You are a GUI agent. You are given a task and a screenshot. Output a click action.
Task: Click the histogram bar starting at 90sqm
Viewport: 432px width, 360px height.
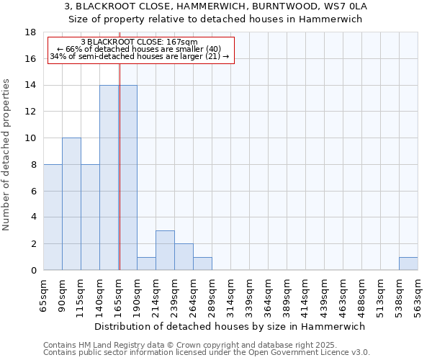click(71, 204)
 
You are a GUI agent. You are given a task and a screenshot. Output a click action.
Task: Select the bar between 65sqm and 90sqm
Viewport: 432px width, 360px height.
click(53, 217)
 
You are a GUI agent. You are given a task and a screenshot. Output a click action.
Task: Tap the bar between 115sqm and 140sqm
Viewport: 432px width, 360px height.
click(90, 217)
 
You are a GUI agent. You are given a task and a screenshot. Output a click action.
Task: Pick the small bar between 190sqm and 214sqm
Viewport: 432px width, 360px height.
click(146, 264)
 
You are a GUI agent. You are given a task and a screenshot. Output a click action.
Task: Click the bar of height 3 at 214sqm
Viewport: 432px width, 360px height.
click(165, 251)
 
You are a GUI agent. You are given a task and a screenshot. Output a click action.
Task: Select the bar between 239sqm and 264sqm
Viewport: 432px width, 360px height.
click(184, 257)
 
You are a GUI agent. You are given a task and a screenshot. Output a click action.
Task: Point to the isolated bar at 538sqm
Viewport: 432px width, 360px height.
click(408, 264)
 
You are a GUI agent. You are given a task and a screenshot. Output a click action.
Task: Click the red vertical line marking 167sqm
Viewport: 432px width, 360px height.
click(120, 180)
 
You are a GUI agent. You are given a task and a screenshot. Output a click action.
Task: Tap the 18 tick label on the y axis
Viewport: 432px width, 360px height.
click(30, 32)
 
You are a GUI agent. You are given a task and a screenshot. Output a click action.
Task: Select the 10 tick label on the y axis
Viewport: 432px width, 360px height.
click(30, 138)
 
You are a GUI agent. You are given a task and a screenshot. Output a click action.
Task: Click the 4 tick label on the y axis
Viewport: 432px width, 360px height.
click(33, 217)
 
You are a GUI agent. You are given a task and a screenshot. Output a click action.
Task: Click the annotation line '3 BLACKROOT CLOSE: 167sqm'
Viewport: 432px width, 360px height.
click(140, 42)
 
